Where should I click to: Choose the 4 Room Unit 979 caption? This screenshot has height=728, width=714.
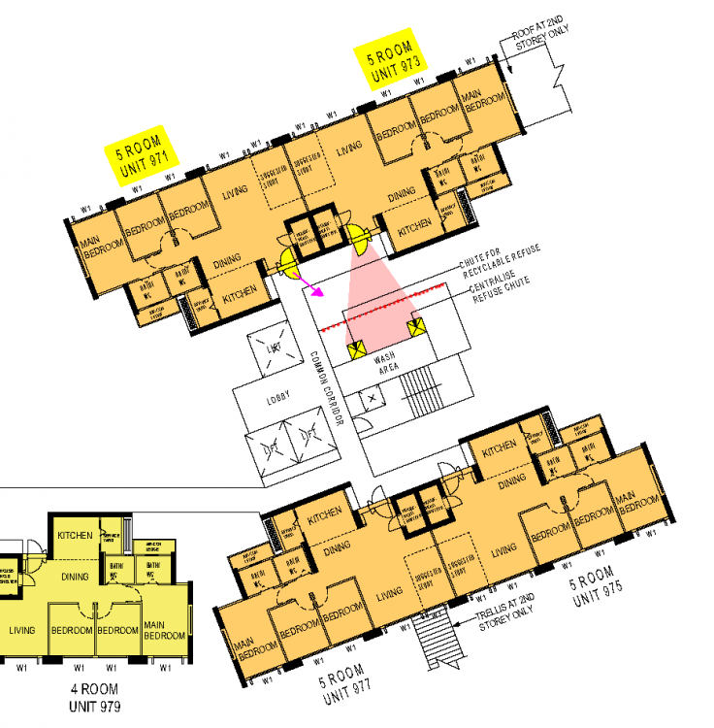95,697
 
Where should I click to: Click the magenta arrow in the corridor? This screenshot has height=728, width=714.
312,286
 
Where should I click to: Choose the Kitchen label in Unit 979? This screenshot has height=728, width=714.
75,535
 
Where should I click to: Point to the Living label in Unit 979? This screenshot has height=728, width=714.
22,630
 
